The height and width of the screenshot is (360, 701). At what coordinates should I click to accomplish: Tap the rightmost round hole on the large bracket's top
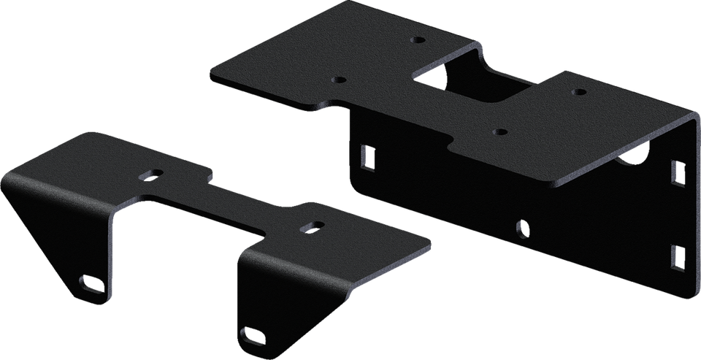pos(578,92)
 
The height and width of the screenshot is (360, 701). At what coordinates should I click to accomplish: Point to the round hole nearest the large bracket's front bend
pos(499,132)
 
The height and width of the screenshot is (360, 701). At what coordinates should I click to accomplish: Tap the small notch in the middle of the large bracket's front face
pos(520,228)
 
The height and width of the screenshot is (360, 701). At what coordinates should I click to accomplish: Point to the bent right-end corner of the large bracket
pos(690,117)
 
